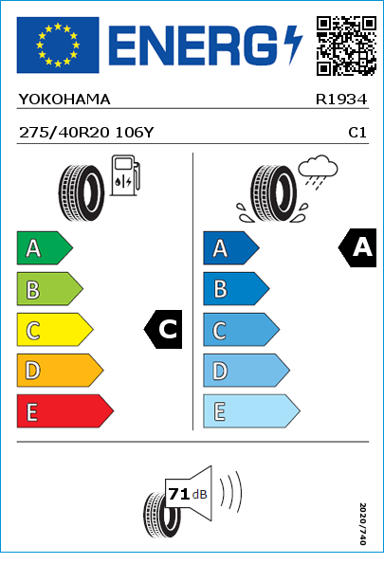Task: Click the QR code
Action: coord(346,45)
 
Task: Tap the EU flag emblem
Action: coord(58,45)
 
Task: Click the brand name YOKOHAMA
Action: coord(64,100)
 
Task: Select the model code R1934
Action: coord(341,100)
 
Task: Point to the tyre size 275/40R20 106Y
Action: coord(86,133)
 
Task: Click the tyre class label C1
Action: coord(357,133)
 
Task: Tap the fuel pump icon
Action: coord(125,175)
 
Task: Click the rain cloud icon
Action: coord(318,172)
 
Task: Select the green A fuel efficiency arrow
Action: coord(45,247)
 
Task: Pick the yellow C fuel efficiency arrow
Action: coord(55,330)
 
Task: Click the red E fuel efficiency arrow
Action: coord(65,411)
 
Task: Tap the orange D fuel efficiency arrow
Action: coord(60,371)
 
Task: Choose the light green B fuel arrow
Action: coord(49,289)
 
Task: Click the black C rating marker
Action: coord(163,329)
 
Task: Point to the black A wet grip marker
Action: coord(357,247)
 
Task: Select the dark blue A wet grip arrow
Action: coord(231,247)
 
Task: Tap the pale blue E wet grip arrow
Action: coord(251,411)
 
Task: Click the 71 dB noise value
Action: coord(188,494)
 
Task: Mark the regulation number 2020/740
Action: coord(363,523)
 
